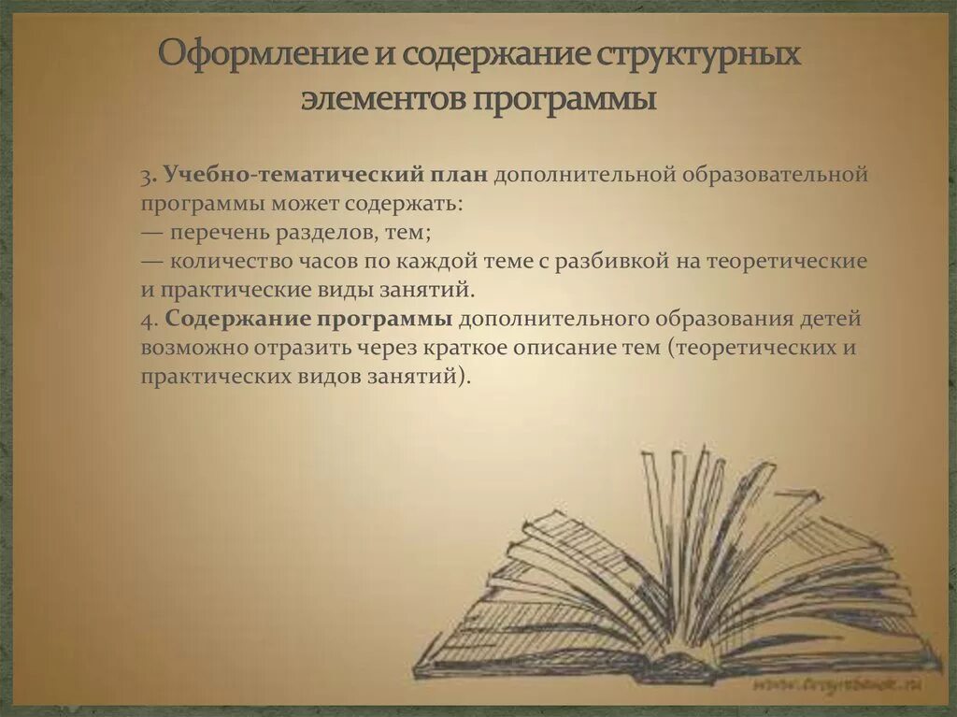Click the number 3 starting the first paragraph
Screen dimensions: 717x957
[148, 176]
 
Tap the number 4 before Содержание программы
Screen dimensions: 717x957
[148, 320]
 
